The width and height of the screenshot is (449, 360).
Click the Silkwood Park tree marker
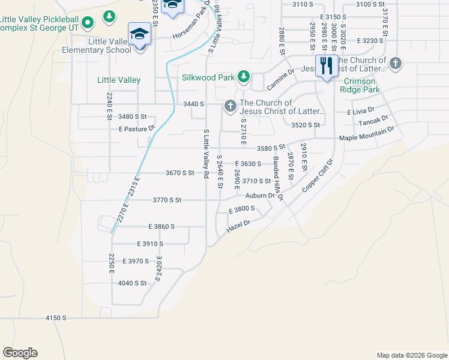244,77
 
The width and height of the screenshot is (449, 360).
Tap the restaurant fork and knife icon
326,66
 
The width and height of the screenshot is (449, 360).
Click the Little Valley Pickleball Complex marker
88,23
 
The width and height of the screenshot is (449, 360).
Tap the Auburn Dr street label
259,196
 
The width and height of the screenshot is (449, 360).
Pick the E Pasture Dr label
137,128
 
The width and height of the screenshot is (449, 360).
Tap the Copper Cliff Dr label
317,175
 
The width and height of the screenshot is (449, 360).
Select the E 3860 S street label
161,226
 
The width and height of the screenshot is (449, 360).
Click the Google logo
20,353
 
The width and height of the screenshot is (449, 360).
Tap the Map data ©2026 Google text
411,355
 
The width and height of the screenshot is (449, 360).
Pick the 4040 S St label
132,283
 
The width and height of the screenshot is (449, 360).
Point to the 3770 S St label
167,199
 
